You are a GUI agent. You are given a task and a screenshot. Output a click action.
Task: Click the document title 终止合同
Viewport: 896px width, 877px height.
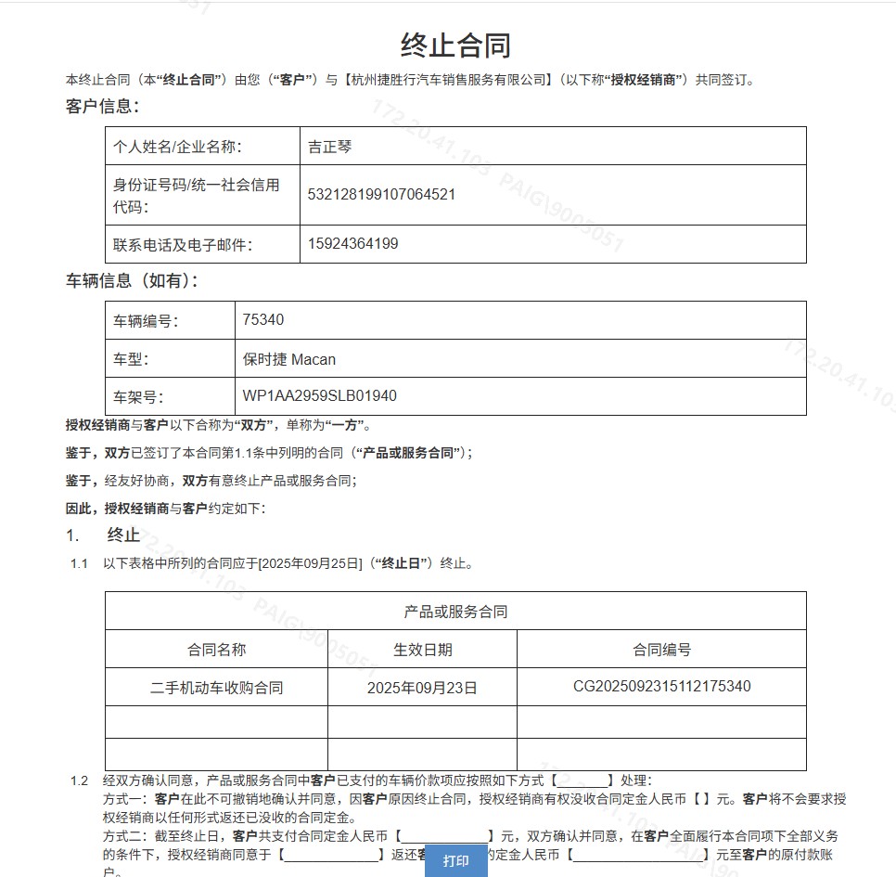tap(455, 45)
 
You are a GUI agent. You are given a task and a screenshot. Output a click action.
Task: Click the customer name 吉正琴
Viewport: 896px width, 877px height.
tap(330, 147)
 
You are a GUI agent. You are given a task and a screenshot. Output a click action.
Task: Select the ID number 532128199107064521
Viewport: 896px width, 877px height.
tap(381, 195)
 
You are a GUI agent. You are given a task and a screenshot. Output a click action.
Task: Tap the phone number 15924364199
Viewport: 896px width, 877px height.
tap(352, 244)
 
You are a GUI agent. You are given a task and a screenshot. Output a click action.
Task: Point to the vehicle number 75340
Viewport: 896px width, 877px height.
tap(263, 320)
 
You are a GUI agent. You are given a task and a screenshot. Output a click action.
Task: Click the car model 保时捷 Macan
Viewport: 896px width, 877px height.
tap(289, 359)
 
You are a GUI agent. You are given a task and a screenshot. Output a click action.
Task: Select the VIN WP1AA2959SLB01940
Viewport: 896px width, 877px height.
tap(319, 396)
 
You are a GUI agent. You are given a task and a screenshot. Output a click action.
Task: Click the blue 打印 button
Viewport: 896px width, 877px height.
tap(455, 860)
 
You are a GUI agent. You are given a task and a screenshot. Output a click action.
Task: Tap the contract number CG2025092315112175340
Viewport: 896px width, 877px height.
tap(661, 687)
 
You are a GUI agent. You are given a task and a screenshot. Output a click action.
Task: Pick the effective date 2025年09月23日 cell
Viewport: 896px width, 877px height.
tap(422, 688)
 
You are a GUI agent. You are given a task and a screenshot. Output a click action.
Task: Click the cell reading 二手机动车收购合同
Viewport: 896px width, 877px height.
tap(216, 688)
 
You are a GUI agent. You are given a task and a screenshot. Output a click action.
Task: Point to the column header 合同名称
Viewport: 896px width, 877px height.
tap(216, 650)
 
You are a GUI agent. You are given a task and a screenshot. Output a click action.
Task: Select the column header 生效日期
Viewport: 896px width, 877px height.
tap(422, 650)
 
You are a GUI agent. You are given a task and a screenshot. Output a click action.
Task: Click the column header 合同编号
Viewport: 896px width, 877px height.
tap(661, 650)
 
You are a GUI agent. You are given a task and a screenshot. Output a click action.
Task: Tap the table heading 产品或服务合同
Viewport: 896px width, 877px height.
tap(455, 612)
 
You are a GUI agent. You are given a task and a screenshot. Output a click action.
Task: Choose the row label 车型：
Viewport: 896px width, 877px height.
tap(132, 359)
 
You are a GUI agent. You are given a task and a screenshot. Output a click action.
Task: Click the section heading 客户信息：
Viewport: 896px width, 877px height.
tap(102, 107)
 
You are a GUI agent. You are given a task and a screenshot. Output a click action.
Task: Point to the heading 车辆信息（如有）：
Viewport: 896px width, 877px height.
tap(132, 280)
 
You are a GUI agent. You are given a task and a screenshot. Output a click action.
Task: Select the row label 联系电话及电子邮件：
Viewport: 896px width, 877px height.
tap(183, 245)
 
